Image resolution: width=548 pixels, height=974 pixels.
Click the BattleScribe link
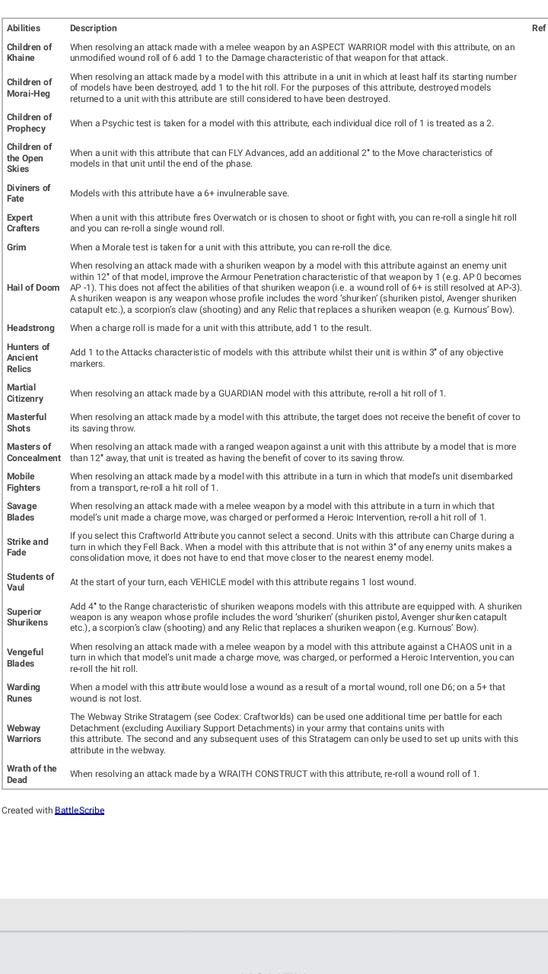pos(79,810)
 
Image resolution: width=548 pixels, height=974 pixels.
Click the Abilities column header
pos(24,28)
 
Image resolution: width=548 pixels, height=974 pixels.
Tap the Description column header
pos(94,28)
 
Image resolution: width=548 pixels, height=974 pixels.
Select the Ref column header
pos(539,28)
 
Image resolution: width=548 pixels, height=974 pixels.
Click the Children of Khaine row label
pos(30,53)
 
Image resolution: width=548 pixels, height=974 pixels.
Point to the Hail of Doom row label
pos(33,288)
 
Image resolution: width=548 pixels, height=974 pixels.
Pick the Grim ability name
pos(17,247)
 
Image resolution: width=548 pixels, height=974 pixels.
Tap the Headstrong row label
pos(30,328)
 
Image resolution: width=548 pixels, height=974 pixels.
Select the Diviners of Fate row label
pos(28,193)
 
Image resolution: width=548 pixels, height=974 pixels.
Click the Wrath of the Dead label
pos(32,774)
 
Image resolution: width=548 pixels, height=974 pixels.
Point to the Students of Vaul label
pos(30,582)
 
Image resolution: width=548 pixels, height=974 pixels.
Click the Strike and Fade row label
pos(27,547)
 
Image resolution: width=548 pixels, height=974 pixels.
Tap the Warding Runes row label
pos(24,692)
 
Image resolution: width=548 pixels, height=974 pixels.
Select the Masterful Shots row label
pos(27,422)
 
